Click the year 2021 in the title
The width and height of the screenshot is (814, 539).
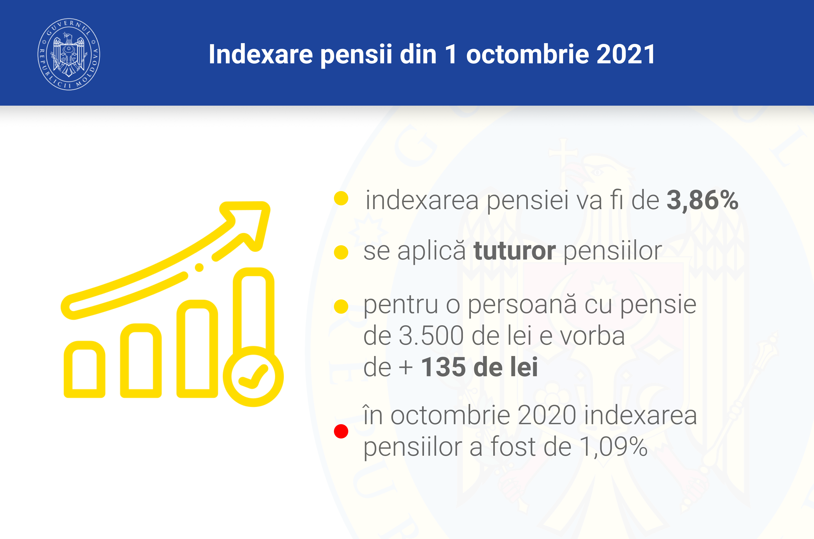point(626,54)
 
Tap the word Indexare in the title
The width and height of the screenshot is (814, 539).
point(261,54)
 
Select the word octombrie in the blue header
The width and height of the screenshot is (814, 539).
point(527,54)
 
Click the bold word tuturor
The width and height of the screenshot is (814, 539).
point(515,251)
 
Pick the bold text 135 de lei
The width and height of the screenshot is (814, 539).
point(479,367)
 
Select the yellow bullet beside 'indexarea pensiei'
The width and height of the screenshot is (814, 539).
point(341,198)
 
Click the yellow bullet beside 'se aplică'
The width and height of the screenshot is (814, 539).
point(341,252)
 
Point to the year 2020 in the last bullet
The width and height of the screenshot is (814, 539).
point(547,415)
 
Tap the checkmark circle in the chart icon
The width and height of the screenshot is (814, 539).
point(253,376)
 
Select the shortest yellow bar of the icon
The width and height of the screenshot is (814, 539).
point(85,369)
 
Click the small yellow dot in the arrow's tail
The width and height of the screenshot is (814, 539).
point(199,267)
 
